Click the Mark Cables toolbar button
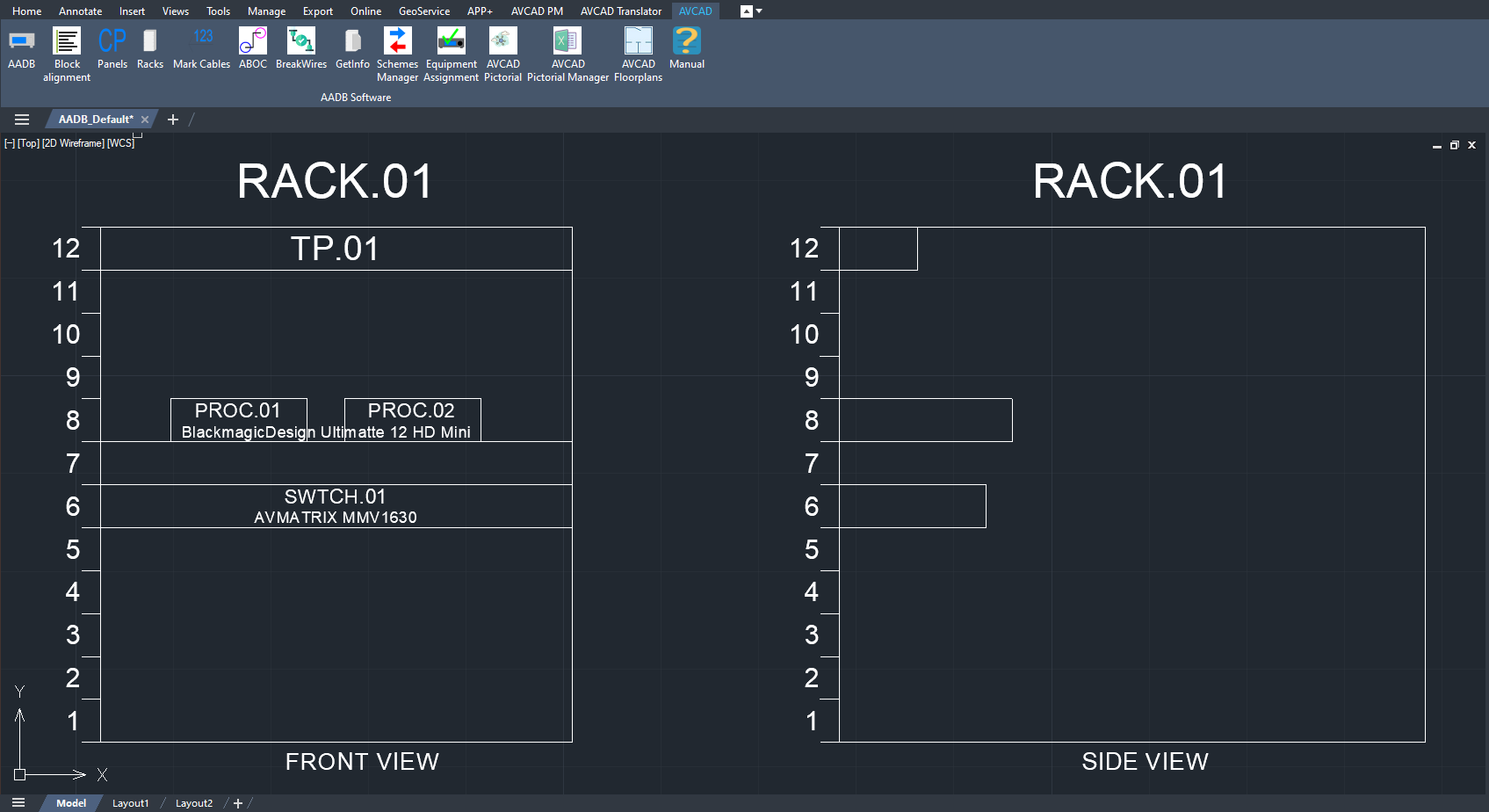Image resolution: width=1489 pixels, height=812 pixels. (x=201, y=47)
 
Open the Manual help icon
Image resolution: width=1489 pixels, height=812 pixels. (x=687, y=47)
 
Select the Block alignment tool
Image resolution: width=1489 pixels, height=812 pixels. (x=67, y=54)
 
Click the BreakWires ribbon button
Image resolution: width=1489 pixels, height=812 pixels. (x=301, y=47)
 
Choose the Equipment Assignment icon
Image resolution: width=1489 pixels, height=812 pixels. (x=451, y=54)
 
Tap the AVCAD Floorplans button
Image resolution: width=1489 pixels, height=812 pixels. (x=638, y=54)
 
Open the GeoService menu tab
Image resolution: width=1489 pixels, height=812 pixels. (x=424, y=11)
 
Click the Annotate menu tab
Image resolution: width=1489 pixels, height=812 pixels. (x=81, y=11)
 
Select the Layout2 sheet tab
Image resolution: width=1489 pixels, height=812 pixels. (x=194, y=803)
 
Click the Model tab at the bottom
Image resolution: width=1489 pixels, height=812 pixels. (x=71, y=803)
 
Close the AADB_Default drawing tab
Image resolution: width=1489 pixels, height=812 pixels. (x=145, y=120)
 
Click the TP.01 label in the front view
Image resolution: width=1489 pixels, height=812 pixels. (x=335, y=249)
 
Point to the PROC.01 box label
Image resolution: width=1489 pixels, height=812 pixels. (x=237, y=410)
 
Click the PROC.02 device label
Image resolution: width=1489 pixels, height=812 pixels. (x=411, y=410)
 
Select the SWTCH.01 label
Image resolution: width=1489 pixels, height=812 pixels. (x=335, y=497)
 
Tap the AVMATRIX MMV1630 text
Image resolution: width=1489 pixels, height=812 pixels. (x=335, y=518)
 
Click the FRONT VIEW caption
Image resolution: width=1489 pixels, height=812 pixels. (x=362, y=761)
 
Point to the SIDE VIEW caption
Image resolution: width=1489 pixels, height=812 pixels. (x=1145, y=761)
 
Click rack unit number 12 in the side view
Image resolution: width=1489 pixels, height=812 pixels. (x=805, y=249)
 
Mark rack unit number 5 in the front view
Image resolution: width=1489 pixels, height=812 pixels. (x=73, y=550)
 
